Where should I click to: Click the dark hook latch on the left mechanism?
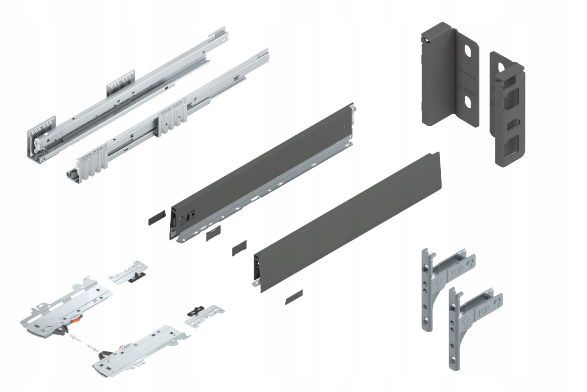(x=60, y=333)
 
